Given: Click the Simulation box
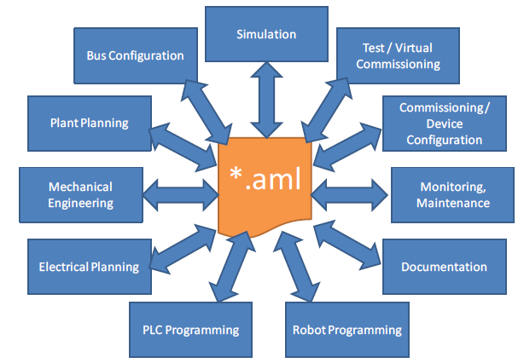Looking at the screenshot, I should (266, 34).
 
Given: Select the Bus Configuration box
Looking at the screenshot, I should (136, 55).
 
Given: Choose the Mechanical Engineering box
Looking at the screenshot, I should (80, 194).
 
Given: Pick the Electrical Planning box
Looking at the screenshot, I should (88, 266).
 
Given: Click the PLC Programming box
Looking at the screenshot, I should (190, 330).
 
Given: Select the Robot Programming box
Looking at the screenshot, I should (346, 330).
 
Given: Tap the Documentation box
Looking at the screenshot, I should (444, 267).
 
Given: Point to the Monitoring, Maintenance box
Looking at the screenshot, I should (453, 195).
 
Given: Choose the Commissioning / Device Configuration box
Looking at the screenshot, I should (445, 123).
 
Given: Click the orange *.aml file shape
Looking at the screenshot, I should (265, 187).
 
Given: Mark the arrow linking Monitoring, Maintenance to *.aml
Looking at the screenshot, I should (351, 195).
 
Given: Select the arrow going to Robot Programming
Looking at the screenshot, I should (300, 266).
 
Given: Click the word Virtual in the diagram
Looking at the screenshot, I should (412, 47).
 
